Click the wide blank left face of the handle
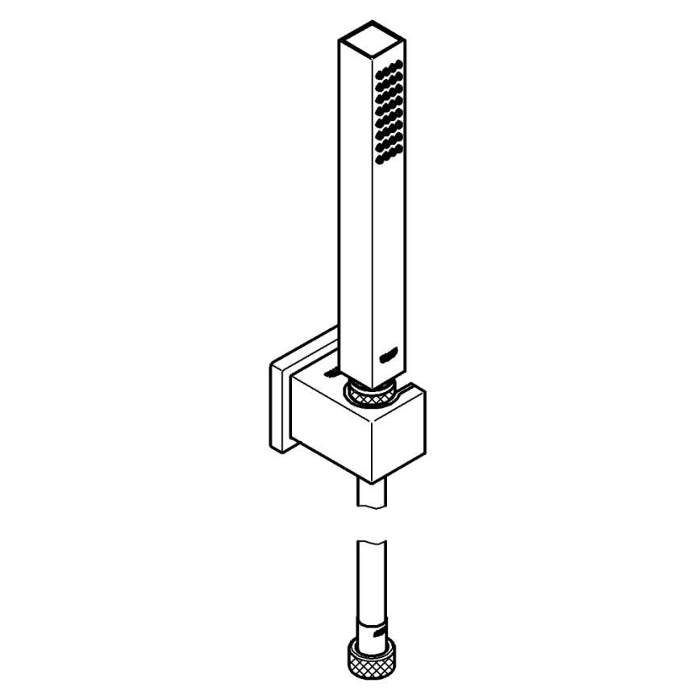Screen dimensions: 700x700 pyautogui.click(x=352, y=202)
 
